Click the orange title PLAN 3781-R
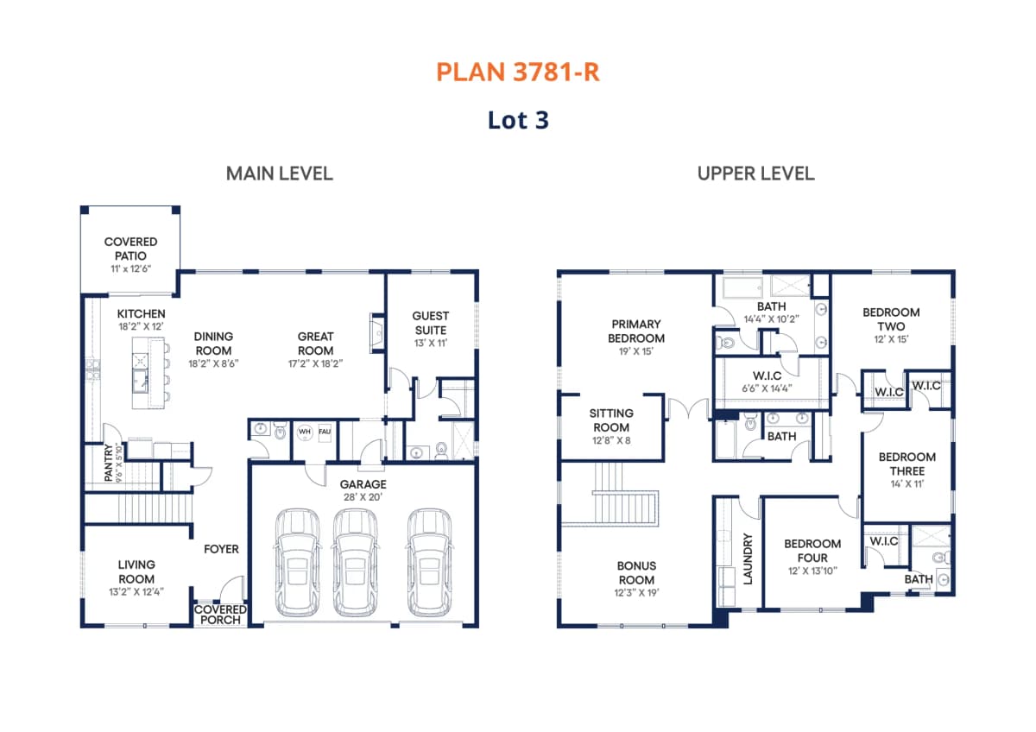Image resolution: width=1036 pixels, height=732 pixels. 518,73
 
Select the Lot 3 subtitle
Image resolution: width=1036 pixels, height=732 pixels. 519,120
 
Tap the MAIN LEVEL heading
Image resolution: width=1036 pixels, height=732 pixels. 280,174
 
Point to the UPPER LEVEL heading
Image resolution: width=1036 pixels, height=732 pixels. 756,174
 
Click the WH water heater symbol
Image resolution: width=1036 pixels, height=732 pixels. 304,432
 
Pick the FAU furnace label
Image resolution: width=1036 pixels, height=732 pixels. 325,432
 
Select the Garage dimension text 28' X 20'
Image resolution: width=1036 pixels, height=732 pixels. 363,497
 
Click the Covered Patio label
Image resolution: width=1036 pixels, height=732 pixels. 131,249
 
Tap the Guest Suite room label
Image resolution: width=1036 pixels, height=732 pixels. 431,323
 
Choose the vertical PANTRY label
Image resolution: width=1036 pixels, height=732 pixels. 109,463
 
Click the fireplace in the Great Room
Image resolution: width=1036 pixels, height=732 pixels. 377,333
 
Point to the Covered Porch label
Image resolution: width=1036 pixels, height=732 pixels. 221,615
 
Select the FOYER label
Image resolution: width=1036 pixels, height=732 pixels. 222,549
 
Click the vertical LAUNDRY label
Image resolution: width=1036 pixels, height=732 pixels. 748,559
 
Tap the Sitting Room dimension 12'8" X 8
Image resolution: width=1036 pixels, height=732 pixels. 611,440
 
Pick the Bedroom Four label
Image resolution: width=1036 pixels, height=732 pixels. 812,551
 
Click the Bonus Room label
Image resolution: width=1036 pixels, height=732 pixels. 636,573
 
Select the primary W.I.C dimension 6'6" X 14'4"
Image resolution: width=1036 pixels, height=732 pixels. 768,388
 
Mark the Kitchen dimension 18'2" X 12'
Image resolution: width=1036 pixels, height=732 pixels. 141,326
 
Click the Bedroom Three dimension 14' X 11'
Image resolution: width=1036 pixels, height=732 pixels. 907,484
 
